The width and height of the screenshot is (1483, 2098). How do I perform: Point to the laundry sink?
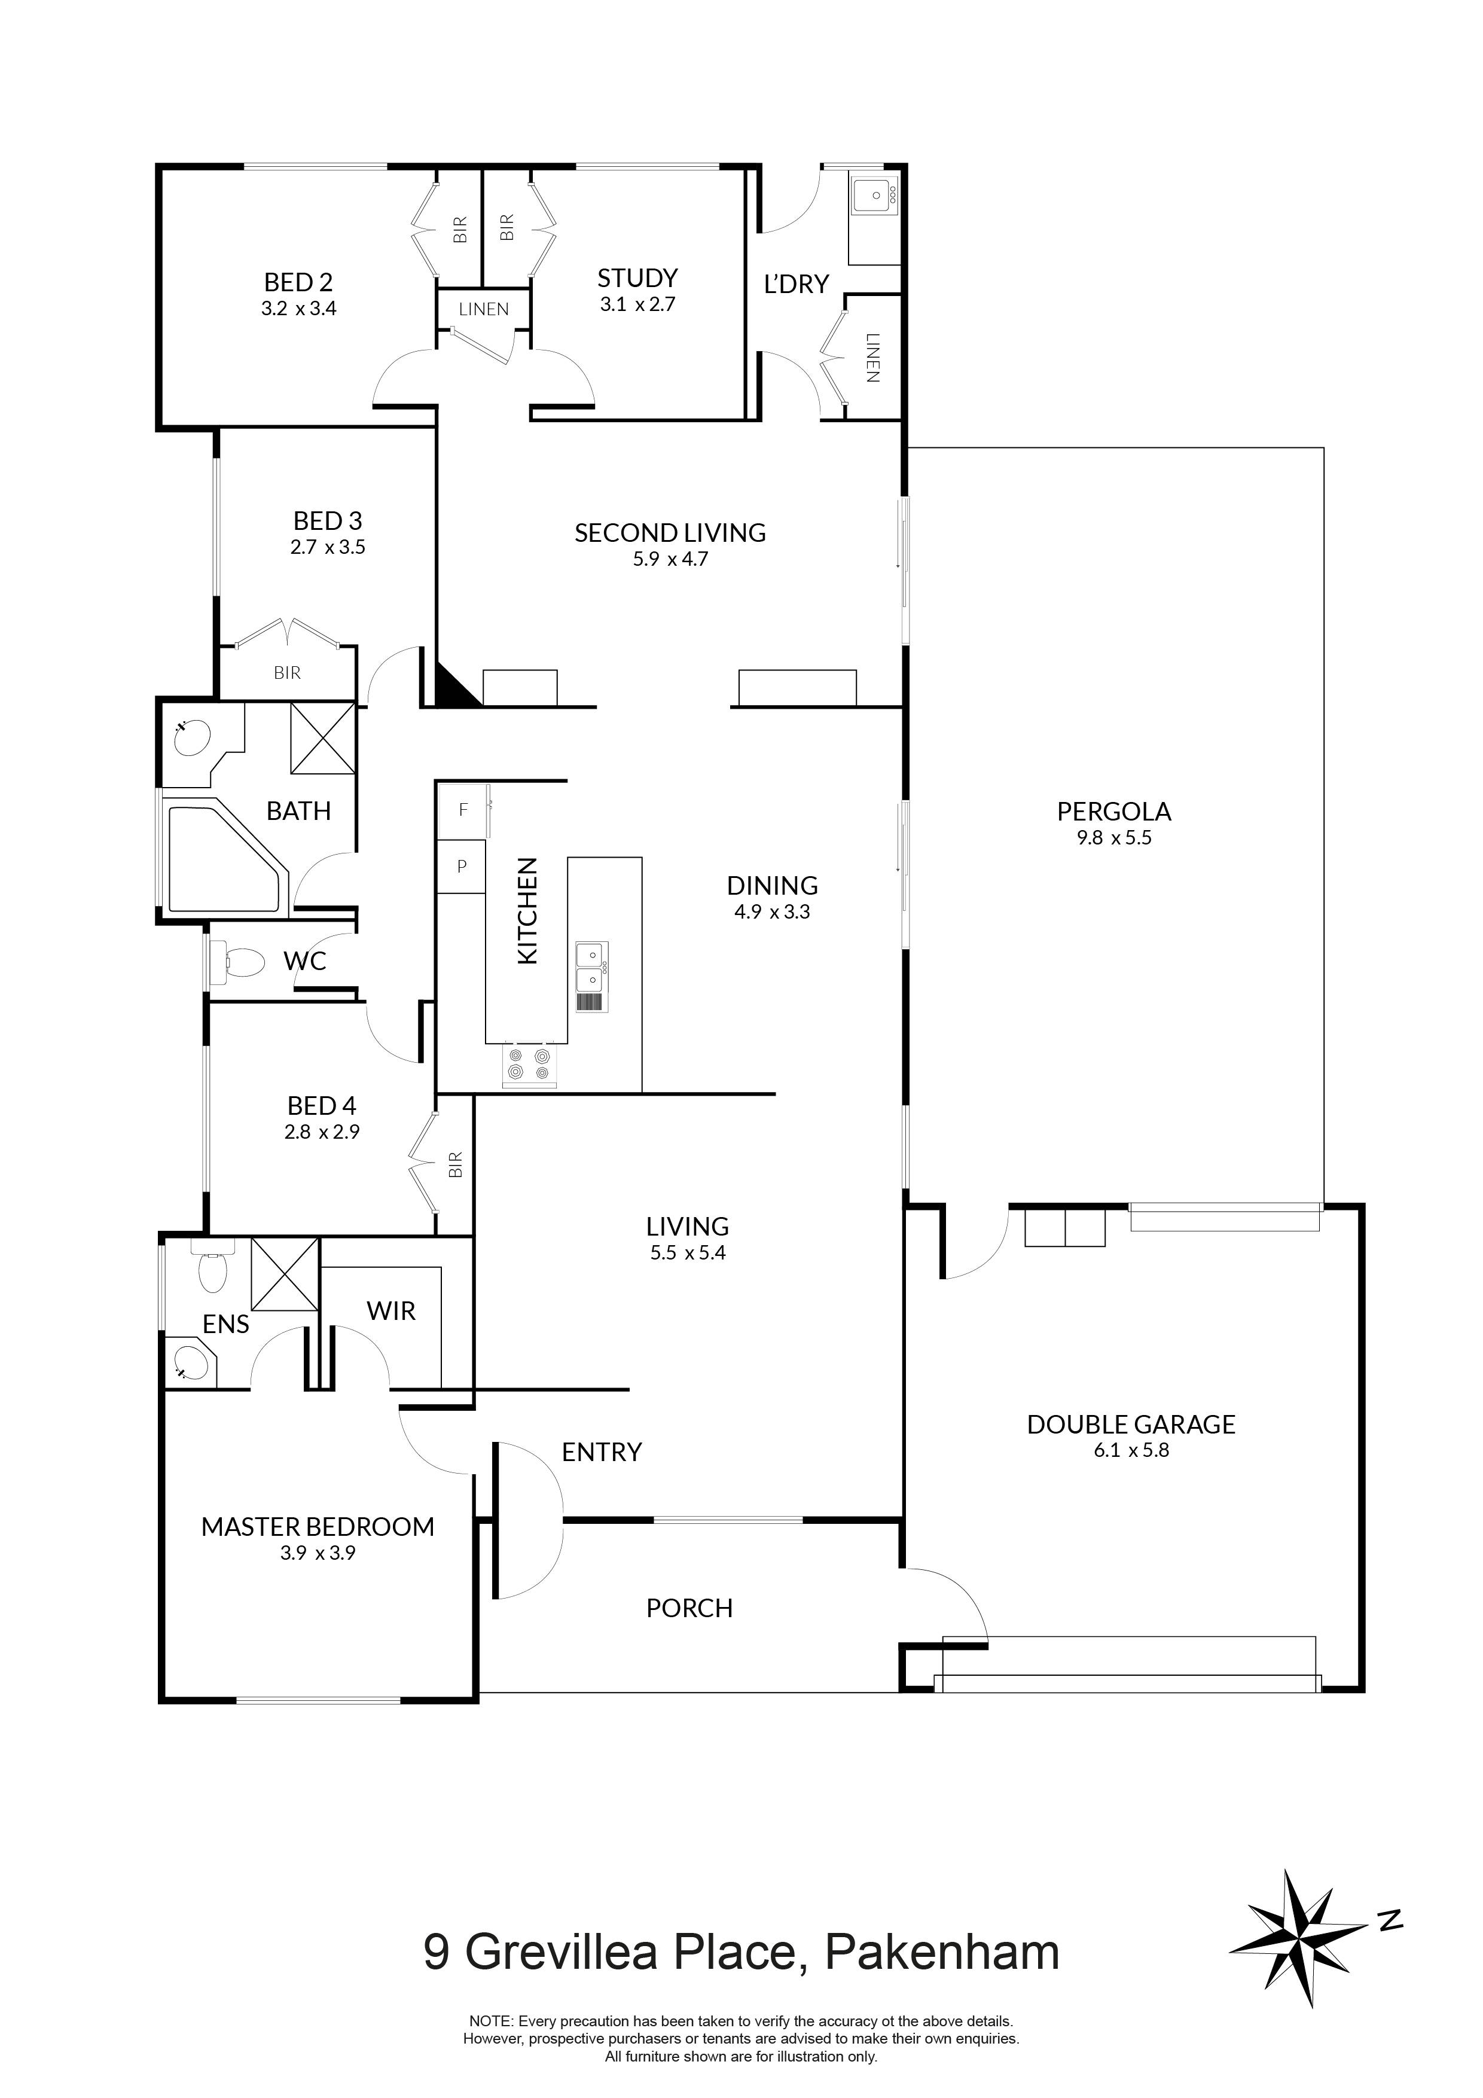(x=876, y=196)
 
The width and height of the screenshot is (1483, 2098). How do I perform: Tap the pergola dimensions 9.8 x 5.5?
(x=1114, y=838)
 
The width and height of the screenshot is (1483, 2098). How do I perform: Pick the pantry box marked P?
(x=462, y=865)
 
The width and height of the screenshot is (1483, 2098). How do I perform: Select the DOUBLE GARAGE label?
(x=1130, y=1425)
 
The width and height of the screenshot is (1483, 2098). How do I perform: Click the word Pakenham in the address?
(x=941, y=1953)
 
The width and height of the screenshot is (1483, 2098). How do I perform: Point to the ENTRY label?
(x=601, y=1452)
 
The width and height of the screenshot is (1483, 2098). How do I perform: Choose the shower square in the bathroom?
(x=322, y=739)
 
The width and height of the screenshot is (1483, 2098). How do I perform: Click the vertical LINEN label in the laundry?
(x=872, y=357)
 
